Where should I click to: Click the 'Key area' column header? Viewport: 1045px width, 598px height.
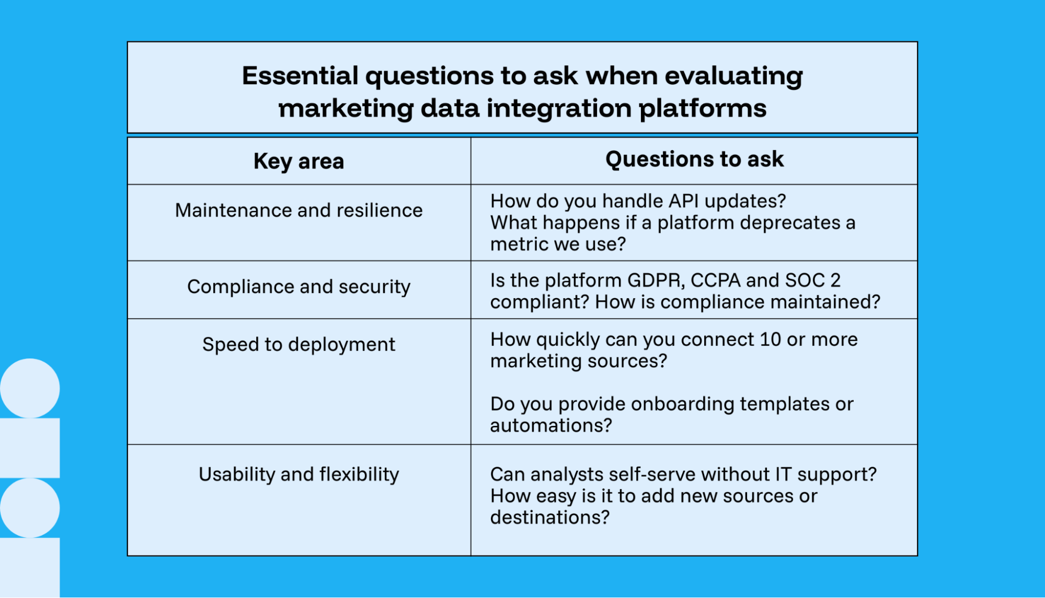[x=298, y=161]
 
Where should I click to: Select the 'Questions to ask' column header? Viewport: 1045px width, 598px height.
[x=694, y=159]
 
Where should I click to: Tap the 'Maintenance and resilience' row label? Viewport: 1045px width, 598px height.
[x=298, y=210]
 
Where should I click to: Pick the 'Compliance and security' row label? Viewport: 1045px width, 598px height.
[x=298, y=287]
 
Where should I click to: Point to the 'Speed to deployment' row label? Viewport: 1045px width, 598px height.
[x=298, y=344]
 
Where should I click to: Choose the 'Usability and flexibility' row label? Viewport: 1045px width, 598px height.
[x=298, y=474]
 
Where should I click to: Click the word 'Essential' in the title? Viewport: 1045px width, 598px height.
[x=300, y=76]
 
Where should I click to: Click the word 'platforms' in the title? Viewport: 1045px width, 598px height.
[x=702, y=109]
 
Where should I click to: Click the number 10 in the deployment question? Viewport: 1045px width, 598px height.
[x=770, y=340]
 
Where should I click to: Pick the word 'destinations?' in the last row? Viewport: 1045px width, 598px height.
[x=549, y=517]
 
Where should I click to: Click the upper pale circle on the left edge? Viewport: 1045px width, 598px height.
[x=29, y=388]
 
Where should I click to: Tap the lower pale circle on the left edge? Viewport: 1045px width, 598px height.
[x=29, y=507]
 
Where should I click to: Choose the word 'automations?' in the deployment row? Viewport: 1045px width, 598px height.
[x=550, y=425]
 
